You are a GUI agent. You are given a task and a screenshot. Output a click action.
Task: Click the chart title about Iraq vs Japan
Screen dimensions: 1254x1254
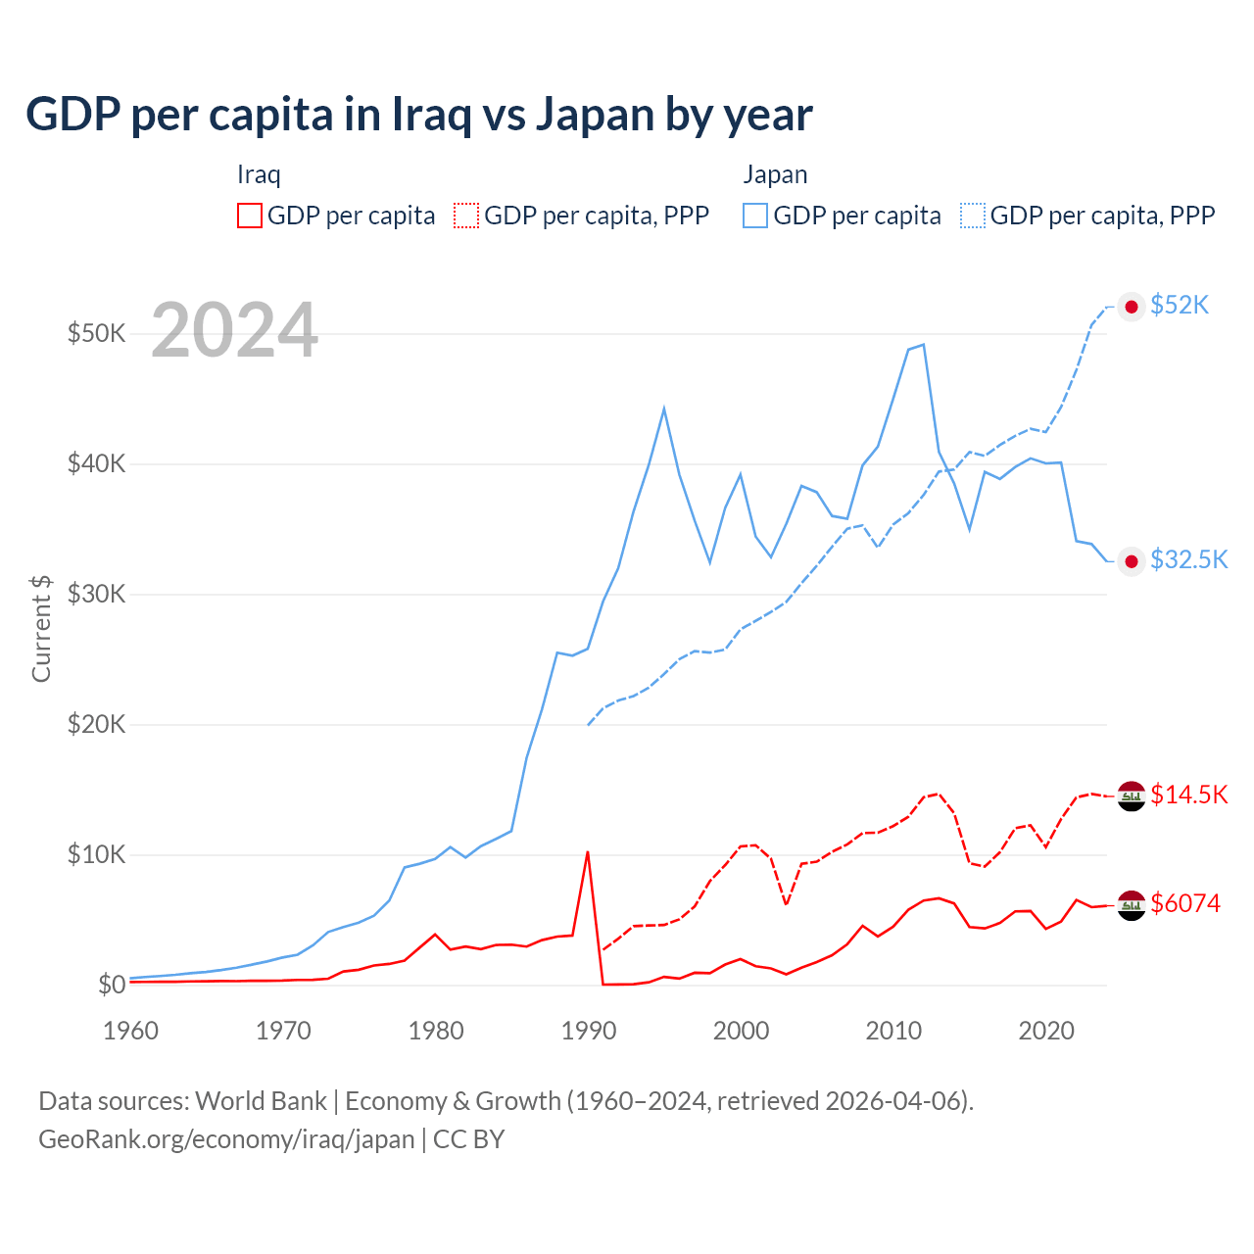click(418, 115)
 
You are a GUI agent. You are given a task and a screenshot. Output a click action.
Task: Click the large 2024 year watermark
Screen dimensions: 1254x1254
click(234, 331)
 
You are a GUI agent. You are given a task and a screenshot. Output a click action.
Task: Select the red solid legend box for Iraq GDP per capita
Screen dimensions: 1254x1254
click(250, 216)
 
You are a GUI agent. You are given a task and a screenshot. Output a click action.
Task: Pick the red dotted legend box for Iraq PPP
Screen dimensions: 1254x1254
click(466, 216)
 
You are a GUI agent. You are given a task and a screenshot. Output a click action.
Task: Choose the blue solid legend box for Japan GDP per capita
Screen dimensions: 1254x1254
click(755, 216)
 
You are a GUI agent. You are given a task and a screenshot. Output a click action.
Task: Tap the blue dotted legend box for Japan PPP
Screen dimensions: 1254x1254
click(973, 216)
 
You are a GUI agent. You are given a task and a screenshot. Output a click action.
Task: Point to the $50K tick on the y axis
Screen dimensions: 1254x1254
click(96, 333)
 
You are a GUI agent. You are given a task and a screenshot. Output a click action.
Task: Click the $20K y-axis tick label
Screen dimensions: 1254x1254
click(96, 724)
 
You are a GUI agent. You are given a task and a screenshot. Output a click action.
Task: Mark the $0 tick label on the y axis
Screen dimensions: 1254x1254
click(112, 985)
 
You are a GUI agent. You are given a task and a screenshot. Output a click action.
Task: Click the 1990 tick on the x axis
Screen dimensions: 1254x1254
click(589, 1031)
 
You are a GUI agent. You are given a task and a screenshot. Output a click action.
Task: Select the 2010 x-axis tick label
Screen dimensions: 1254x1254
click(893, 1031)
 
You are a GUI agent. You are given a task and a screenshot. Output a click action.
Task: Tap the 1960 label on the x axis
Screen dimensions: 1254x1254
click(131, 1031)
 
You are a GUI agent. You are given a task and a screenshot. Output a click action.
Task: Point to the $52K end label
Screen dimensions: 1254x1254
click(1180, 306)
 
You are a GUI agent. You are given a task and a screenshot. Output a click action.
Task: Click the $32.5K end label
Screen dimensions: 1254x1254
click(1188, 559)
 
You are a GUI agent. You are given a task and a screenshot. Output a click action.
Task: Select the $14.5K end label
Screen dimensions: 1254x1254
click(1188, 795)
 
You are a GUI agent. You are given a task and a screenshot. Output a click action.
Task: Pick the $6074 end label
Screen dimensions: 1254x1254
click(1185, 903)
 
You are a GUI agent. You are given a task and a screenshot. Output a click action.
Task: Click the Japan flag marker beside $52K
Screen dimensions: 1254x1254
click(1132, 307)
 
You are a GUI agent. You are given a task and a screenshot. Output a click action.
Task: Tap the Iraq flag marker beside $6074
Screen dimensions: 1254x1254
click(1132, 905)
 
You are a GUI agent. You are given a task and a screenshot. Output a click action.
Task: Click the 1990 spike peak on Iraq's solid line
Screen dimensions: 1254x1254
click(588, 851)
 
